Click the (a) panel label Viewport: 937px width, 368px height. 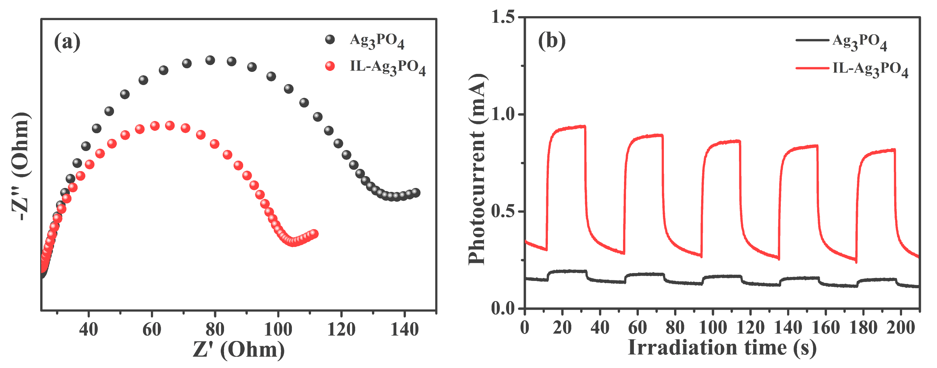click(x=67, y=42)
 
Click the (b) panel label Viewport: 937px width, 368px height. click(x=552, y=41)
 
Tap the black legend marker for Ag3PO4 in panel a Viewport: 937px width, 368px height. click(x=329, y=40)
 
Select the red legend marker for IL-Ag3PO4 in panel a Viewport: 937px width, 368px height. click(x=329, y=66)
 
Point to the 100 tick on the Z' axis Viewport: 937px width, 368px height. click(x=278, y=330)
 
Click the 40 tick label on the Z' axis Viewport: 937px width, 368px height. click(x=88, y=330)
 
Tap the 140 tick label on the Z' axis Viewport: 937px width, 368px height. click(x=404, y=330)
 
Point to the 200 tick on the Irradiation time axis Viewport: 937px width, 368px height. click(x=900, y=327)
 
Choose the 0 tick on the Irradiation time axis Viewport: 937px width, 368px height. click(x=525, y=327)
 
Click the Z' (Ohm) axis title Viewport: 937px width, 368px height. click(x=239, y=350)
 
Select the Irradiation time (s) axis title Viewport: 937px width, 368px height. click(x=722, y=348)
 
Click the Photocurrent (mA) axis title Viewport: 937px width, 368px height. click(x=476, y=169)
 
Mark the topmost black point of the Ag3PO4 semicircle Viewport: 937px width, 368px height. click(x=210, y=60)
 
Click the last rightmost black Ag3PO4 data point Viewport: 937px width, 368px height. click(x=416, y=193)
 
